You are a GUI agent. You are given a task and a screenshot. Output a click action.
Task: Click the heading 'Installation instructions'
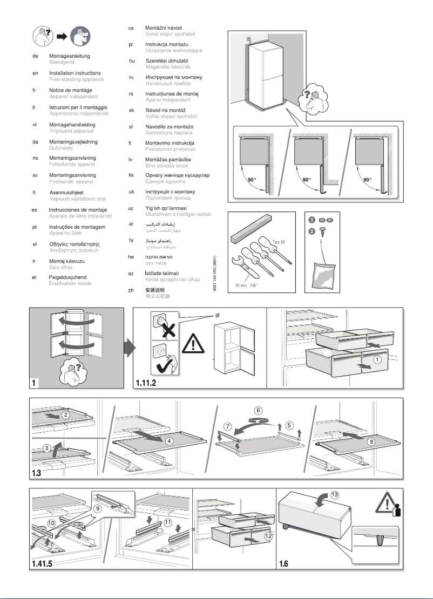tap(75, 73)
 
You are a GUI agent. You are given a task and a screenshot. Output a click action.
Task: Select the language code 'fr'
tap(35, 90)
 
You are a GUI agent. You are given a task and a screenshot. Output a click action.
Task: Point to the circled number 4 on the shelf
tap(170, 441)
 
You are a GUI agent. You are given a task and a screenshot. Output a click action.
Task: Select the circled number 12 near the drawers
tap(268, 536)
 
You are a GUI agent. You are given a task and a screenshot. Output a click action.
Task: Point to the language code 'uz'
tap(131, 208)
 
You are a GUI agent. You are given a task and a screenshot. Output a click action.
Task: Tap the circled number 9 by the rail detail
tap(98, 507)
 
